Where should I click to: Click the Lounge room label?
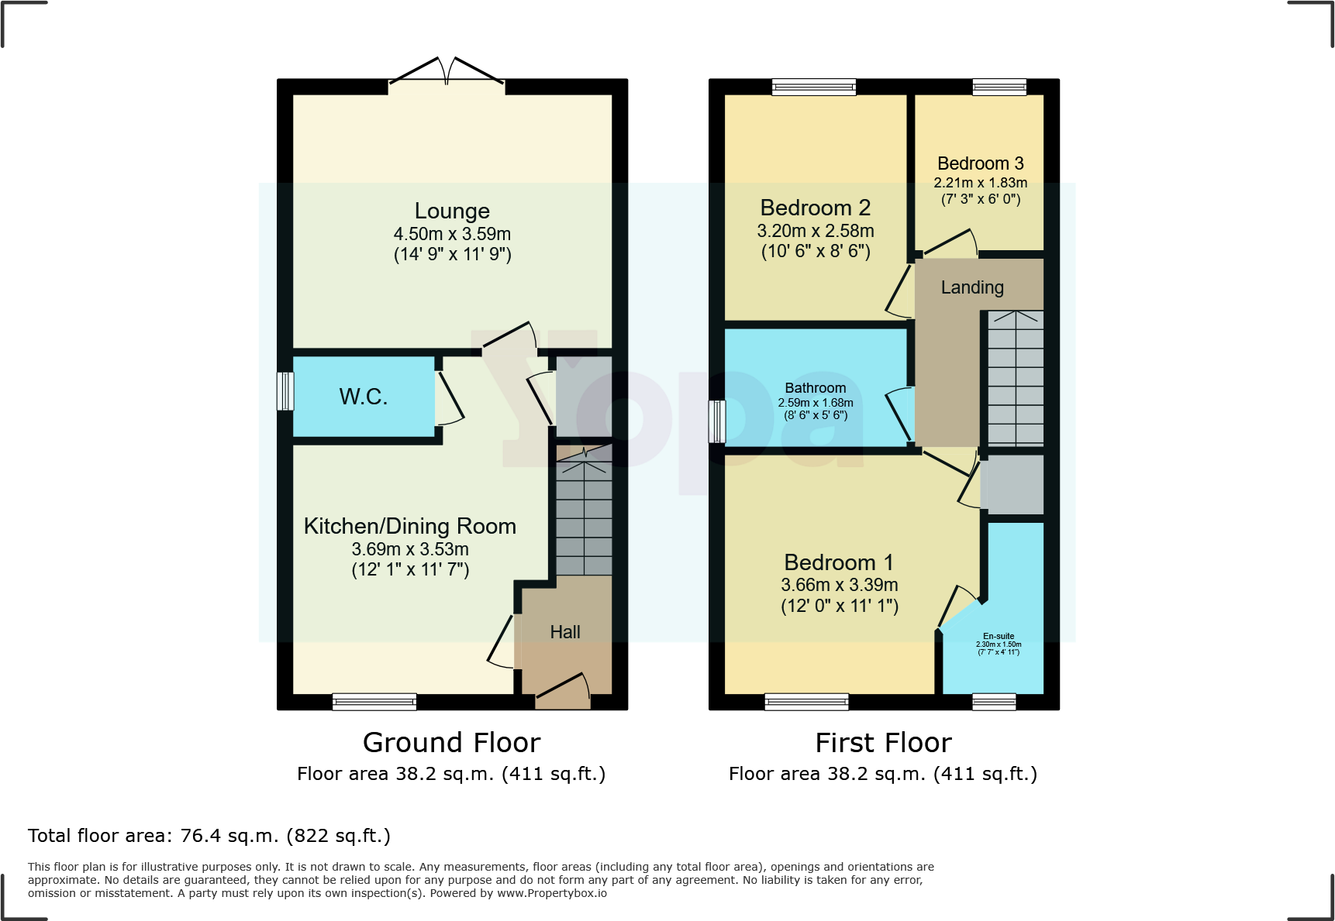point(452,211)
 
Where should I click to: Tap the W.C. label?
point(363,397)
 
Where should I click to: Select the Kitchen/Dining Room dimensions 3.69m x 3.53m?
point(410,549)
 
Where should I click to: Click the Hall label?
point(565,632)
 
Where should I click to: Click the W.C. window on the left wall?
point(285,391)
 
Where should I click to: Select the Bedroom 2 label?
point(815,208)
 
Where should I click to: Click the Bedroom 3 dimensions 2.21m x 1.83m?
point(980,183)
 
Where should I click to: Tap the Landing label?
point(972,287)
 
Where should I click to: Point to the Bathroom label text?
point(815,388)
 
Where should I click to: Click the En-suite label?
point(999,636)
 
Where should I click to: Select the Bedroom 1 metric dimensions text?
point(839,585)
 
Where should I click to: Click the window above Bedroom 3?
point(999,87)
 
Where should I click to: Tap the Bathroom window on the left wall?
point(718,421)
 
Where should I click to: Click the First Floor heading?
point(883,743)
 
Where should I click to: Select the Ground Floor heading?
point(451,743)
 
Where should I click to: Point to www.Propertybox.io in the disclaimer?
point(551,893)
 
